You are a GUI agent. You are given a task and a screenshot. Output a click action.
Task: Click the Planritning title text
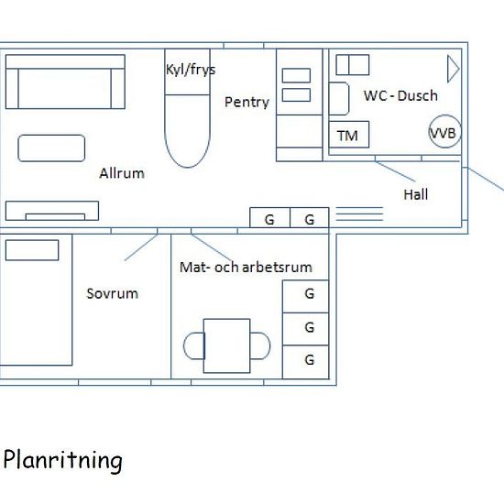[x=63, y=461]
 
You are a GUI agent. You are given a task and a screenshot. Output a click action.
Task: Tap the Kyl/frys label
[x=191, y=70]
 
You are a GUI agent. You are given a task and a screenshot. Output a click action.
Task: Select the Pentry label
[x=247, y=103]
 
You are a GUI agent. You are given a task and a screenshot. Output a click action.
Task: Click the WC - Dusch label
[x=400, y=96]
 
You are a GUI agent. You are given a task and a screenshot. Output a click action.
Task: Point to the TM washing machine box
[x=349, y=135]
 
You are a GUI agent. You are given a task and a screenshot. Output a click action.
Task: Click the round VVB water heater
[x=445, y=131]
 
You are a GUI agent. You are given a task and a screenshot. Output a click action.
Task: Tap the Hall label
[x=416, y=194]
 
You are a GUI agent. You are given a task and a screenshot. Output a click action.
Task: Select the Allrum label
[x=122, y=173]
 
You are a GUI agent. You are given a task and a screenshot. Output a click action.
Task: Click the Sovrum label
[x=113, y=293]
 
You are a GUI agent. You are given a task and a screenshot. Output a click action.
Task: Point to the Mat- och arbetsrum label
[x=246, y=268]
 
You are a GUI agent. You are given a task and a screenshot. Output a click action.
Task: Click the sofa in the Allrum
[x=65, y=82]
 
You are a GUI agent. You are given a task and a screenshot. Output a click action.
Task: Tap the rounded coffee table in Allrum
[x=51, y=148]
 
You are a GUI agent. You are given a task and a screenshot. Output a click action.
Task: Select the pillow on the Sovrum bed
[x=32, y=250]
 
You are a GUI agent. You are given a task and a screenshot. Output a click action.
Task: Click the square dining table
[x=227, y=345]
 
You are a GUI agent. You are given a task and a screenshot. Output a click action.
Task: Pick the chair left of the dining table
[x=194, y=345]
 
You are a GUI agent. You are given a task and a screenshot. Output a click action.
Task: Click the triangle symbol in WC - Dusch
[x=454, y=69]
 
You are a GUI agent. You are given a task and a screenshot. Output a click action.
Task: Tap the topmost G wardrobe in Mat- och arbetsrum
[x=306, y=296]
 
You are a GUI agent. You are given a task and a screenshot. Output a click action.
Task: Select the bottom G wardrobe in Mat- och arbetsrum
[x=306, y=362]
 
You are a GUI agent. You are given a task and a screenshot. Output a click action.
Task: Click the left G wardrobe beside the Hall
[x=270, y=217]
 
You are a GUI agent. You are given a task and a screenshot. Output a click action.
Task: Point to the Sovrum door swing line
[x=141, y=247]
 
